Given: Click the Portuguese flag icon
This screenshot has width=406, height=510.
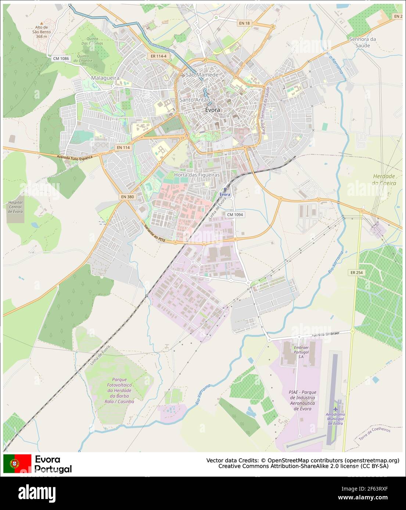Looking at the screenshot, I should [x=17, y=463].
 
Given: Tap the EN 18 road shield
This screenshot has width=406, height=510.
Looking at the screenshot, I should [x=244, y=23].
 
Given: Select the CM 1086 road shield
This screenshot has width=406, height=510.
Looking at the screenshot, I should [x=61, y=58].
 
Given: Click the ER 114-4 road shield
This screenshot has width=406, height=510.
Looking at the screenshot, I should [x=159, y=56].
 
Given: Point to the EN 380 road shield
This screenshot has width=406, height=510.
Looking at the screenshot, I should [x=127, y=197].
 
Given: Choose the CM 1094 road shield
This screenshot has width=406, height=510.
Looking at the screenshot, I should [x=235, y=215].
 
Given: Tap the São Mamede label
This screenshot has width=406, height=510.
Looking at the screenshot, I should [x=202, y=75].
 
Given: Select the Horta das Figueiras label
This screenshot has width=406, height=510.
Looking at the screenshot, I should [x=197, y=175].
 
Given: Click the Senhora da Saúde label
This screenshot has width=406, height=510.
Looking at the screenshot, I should [x=363, y=42].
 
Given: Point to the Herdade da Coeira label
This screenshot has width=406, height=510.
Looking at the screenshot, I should [x=384, y=179].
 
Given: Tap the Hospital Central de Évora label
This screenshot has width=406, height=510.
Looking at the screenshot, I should [x=15, y=207].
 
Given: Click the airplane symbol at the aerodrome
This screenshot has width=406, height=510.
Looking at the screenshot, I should [x=335, y=409].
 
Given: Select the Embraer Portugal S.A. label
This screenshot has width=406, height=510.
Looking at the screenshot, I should [x=301, y=352].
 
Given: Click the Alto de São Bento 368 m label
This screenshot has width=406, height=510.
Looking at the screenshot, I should [x=42, y=32].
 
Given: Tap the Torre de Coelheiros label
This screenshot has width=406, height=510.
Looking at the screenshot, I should [x=374, y=434].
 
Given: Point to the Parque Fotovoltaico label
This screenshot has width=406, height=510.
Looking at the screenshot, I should [x=119, y=390].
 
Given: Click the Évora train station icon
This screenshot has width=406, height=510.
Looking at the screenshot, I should [x=225, y=190].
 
